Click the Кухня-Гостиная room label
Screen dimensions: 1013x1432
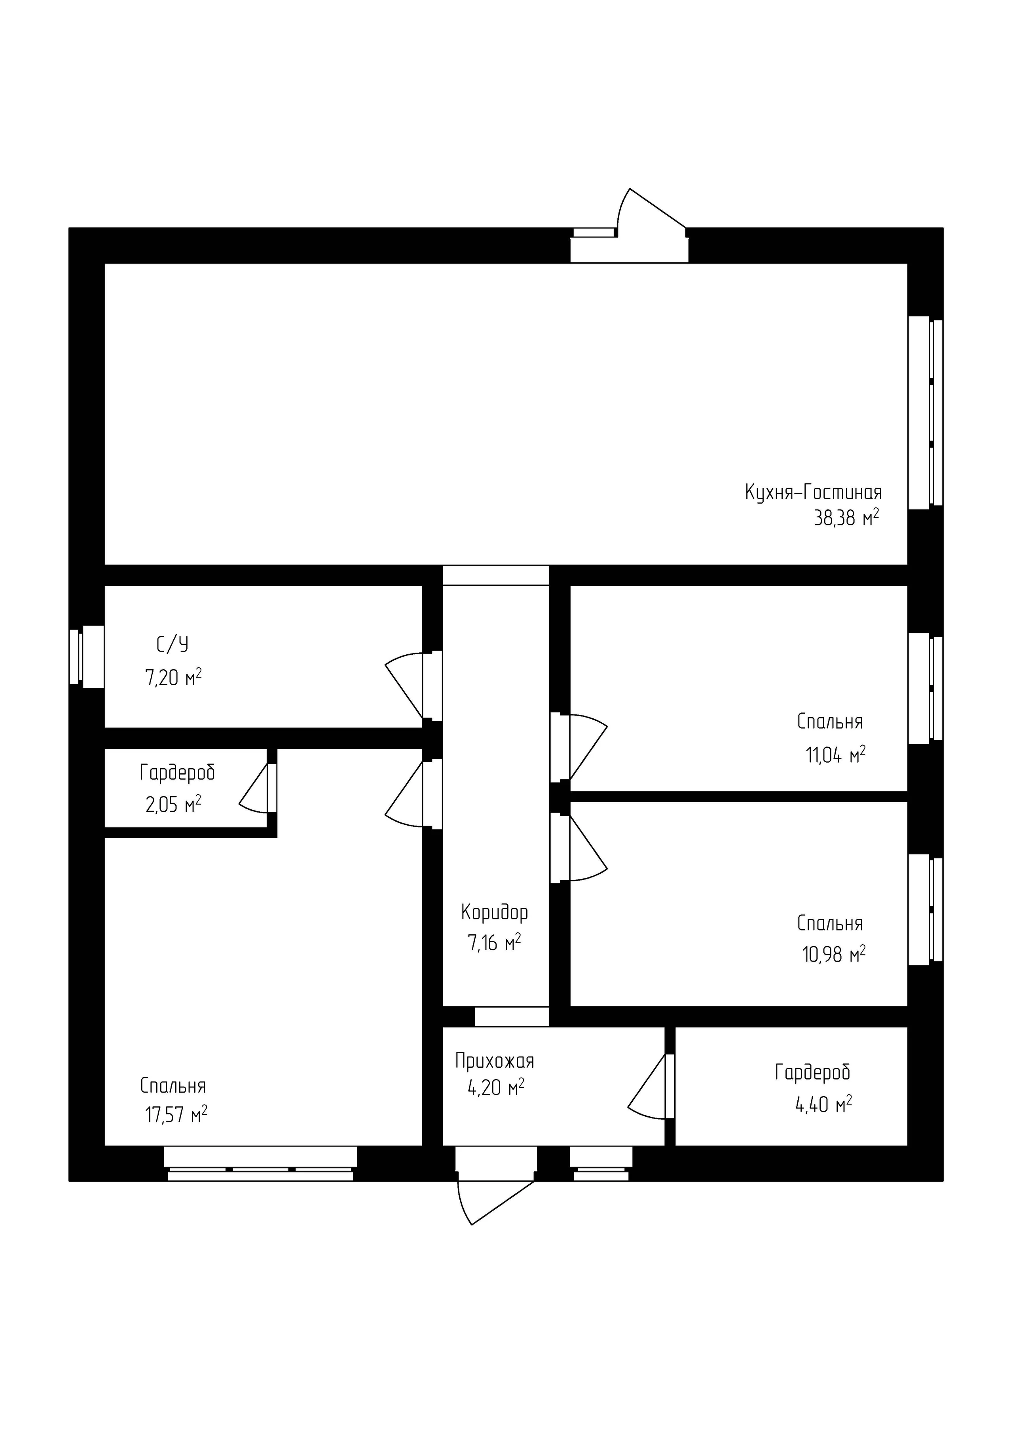click(814, 493)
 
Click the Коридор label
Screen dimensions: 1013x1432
click(495, 913)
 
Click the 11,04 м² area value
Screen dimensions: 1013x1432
click(836, 755)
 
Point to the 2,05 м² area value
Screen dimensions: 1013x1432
click(173, 805)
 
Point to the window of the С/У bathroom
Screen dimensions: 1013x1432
click(86, 657)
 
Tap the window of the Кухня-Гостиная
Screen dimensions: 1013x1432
click(925, 413)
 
